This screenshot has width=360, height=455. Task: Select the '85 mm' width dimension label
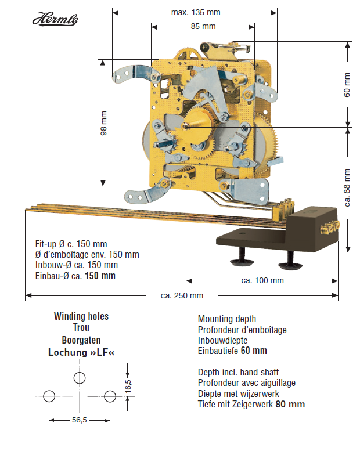203,26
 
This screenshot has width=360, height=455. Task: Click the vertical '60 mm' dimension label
347,85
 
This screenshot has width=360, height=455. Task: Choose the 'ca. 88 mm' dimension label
347,187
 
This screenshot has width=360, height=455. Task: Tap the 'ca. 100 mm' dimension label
262,280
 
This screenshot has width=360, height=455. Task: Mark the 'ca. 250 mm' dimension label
182,295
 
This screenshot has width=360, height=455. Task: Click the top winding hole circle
80,378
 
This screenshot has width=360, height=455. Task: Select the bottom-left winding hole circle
49,396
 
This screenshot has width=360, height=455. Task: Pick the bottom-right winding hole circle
110,396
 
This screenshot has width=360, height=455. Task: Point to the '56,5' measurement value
80,420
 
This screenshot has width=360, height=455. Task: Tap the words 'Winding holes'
81,317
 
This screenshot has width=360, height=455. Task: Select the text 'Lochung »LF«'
81,352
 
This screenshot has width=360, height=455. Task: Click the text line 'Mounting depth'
227,319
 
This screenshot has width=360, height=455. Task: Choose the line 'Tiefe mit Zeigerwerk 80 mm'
251,405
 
